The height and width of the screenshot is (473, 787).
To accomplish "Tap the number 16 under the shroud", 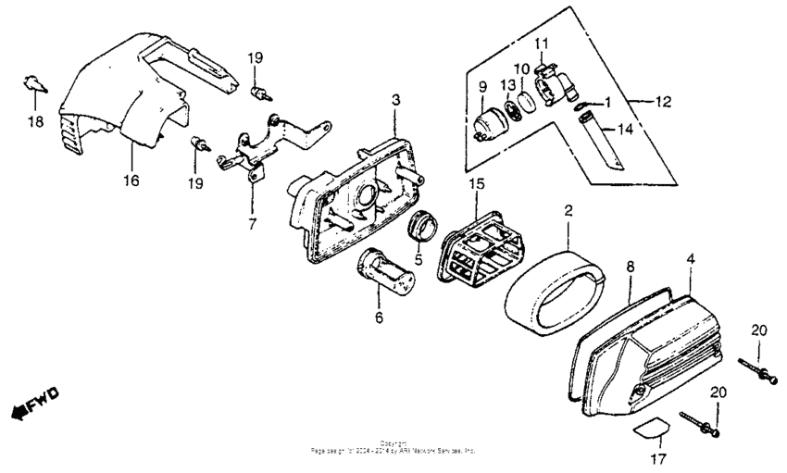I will pos(131,180).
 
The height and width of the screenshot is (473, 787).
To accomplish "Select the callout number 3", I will pos(394,99).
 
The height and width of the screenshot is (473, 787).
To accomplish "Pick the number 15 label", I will pos(476,185).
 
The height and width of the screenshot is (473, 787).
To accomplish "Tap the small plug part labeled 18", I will pos(32,84).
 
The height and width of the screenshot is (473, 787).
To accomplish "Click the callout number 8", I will pos(629,267).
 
